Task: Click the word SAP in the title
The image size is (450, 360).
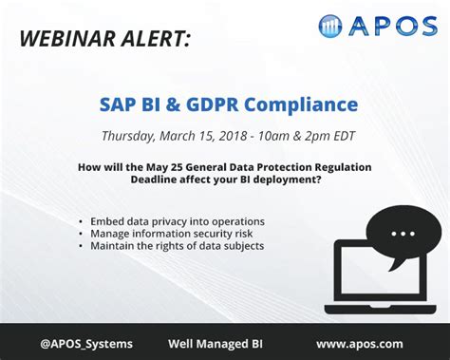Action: (120, 104)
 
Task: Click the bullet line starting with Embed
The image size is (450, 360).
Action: (177, 221)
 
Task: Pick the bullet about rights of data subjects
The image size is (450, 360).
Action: (177, 246)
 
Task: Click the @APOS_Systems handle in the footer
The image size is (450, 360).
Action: (86, 343)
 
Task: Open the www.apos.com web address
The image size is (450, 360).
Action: (359, 343)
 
